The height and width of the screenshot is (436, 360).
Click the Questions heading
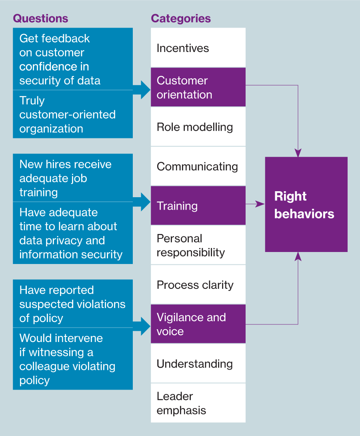[x=40, y=18]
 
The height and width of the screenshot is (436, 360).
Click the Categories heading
[x=180, y=18]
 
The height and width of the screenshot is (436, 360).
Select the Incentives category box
[x=198, y=48]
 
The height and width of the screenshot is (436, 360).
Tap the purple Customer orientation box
[x=198, y=87]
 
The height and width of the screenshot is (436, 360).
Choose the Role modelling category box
[x=198, y=127]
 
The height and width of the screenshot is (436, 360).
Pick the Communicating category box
[x=198, y=166]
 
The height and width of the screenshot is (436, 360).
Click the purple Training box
[x=198, y=206]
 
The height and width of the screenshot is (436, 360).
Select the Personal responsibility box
[x=198, y=245]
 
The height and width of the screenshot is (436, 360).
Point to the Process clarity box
[x=198, y=285]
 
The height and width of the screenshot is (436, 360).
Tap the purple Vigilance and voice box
[x=198, y=324]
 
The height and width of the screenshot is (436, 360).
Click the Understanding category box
[x=198, y=364]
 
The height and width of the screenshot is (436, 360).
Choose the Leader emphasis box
[x=198, y=403]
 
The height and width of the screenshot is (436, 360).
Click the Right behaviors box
[x=306, y=204]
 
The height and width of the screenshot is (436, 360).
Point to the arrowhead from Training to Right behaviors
[x=261, y=204]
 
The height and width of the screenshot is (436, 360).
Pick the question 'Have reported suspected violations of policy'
[x=72, y=304]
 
